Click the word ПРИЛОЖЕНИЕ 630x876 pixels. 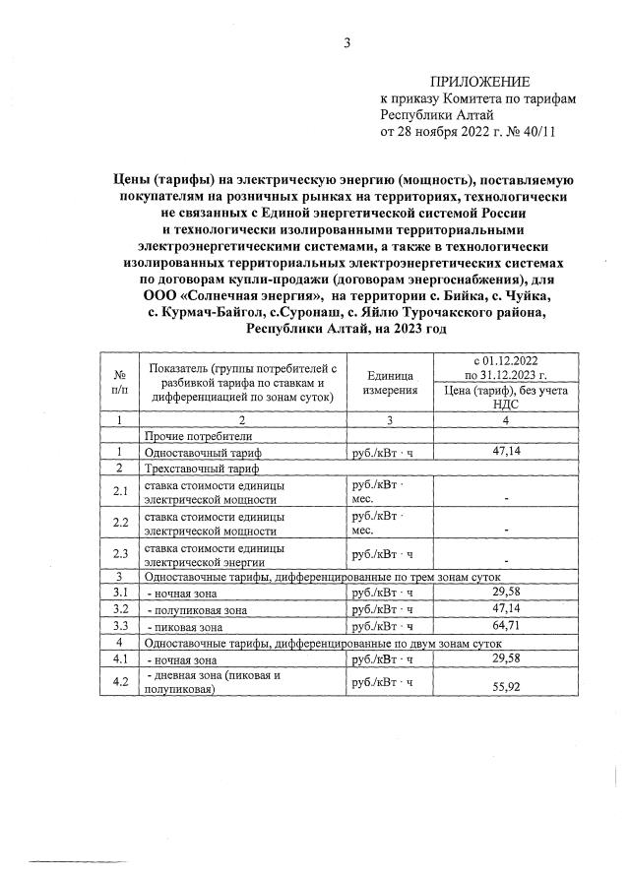[x=479, y=81]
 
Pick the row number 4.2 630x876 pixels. [x=120, y=682]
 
